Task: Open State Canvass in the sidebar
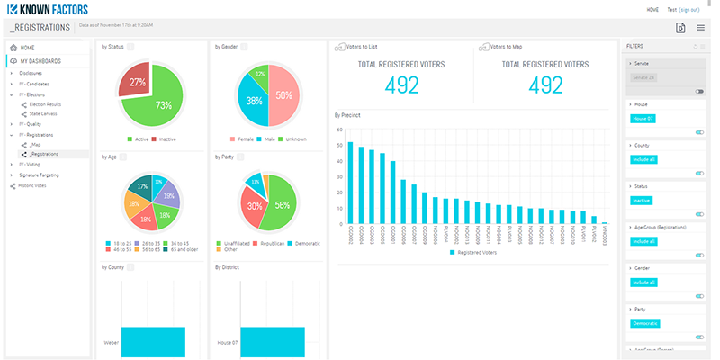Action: tap(43, 114)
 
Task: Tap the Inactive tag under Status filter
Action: tap(641, 200)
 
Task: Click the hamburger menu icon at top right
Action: tap(701, 29)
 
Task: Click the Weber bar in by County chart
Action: tap(152, 343)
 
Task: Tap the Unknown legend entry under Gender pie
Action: tap(296, 139)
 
